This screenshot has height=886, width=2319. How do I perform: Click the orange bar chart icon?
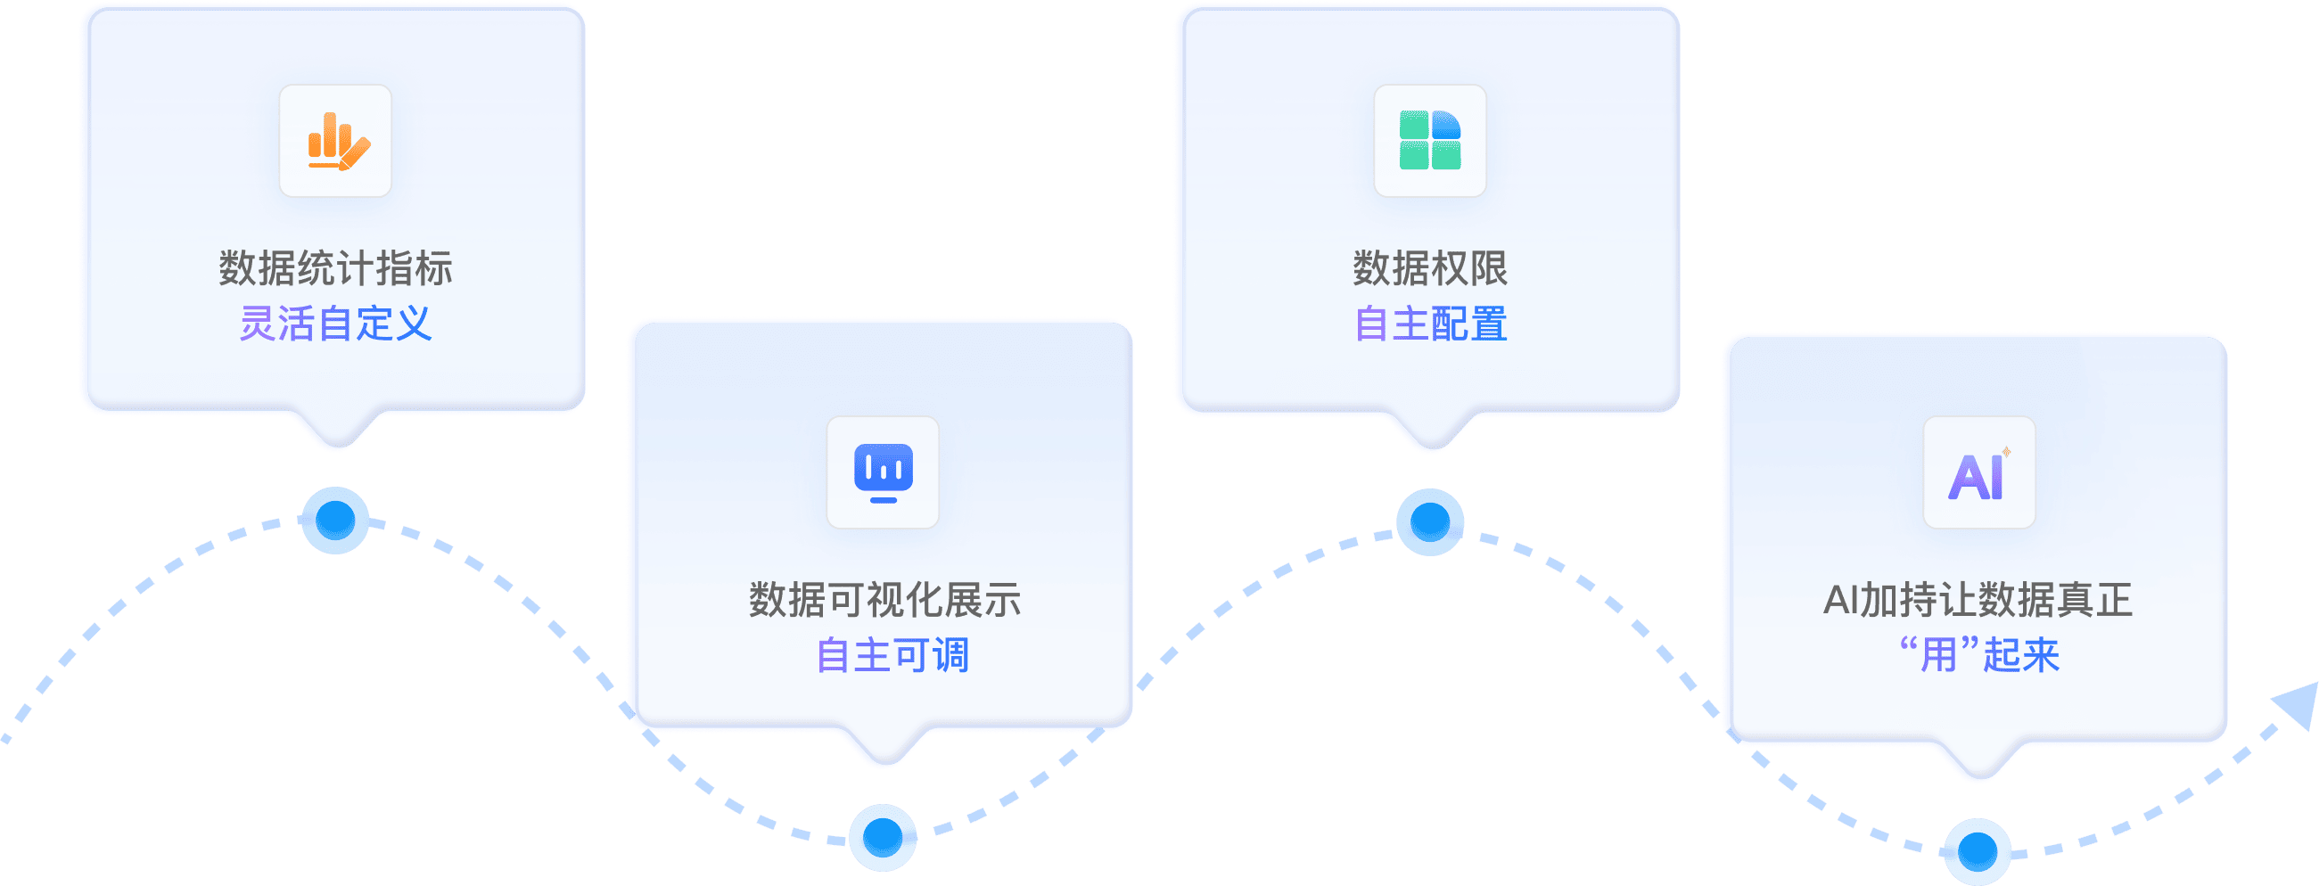tap(336, 142)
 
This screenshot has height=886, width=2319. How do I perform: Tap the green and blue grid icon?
tap(1429, 141)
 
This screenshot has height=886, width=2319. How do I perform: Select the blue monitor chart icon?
tap(884, 472)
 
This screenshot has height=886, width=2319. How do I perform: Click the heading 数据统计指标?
tap(336, 268)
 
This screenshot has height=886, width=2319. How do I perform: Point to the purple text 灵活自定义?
tap(336, 324)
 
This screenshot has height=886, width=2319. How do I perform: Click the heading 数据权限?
tap(1429, 268)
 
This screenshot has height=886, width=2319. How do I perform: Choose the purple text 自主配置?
tap(1430, 324)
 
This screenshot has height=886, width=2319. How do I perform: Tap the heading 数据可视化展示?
tap(885, 600)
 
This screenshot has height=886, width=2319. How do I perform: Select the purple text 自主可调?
tap(892, 654)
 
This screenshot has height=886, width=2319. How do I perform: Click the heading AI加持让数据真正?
tap(1978, 600)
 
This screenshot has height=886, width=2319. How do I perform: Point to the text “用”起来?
tap(1978, 654)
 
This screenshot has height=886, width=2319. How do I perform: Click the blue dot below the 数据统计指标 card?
tap(335, 520)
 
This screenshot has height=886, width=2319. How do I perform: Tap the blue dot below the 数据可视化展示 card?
tap(883, 836)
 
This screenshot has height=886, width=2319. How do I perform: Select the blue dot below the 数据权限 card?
tap(1429, 521)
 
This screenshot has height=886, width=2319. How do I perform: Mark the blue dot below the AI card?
tap(1977, 851)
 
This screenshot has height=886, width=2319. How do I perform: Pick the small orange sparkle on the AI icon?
tap(2006, 452)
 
